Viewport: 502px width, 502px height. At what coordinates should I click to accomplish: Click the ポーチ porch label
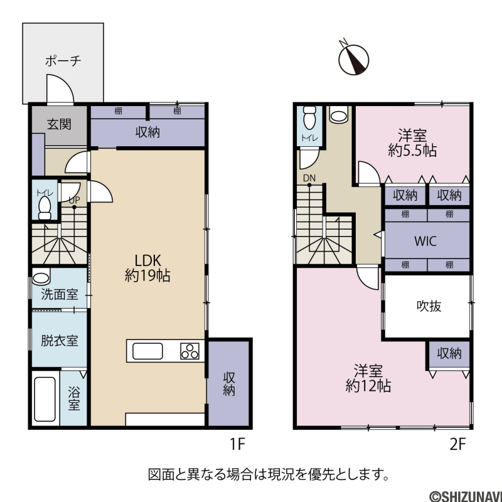coord(63,60)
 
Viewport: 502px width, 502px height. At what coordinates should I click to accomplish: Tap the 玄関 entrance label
coord(59,124)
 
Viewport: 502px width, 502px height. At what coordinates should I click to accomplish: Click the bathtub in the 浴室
coord(45,399)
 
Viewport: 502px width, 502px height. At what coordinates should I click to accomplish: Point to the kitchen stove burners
coord(190,351)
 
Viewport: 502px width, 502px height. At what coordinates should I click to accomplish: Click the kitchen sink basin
coord(147,351)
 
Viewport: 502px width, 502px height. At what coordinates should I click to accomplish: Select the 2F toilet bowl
coord(309,117)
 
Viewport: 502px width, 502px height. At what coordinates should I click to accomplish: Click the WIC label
coord(425,241)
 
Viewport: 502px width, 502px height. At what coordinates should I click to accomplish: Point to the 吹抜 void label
coord(429,306)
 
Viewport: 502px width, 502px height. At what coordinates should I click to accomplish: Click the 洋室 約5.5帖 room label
coord(412,142)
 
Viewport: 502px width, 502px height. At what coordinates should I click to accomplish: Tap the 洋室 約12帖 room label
coord(368,378)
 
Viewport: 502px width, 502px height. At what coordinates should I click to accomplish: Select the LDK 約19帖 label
coord(147,268)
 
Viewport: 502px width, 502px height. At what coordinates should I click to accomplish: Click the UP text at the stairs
coord(74,200)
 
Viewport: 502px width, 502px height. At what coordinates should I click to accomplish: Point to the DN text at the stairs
coord(309,178)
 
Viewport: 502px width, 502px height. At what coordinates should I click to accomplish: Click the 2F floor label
coord(457,444)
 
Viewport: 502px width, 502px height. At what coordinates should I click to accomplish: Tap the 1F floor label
coord(237,444)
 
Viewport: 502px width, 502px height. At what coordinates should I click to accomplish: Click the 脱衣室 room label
coord(60,341)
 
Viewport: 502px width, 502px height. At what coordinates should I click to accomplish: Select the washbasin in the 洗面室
coord(41,277)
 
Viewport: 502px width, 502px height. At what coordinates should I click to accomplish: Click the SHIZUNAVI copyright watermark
coord(465,496)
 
